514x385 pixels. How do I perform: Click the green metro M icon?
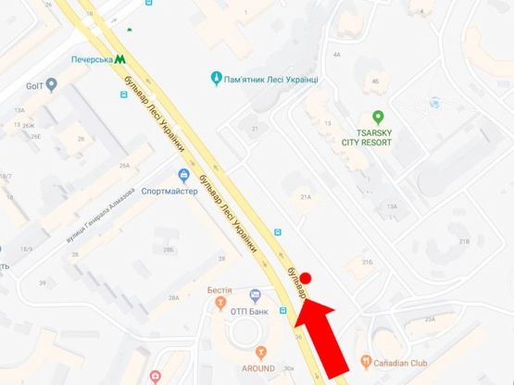[121, 58]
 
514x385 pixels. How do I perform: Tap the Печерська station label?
[91, 58]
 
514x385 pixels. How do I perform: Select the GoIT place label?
[35, 85]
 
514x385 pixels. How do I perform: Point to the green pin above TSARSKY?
[378, 117]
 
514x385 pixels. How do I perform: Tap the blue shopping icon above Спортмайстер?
[183, 175]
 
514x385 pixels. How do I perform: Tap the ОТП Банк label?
[248, 312]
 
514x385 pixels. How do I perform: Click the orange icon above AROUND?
[260, 352]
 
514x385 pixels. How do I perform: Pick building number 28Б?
[169, 250]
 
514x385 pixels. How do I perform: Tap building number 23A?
[429, 318]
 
